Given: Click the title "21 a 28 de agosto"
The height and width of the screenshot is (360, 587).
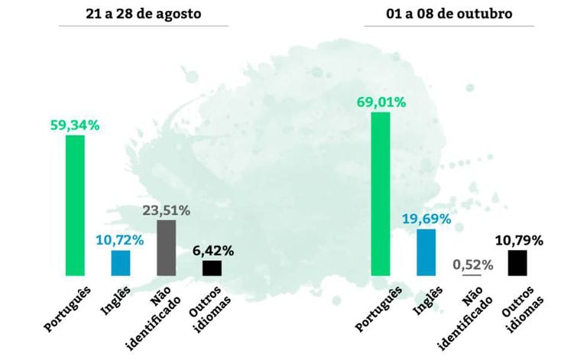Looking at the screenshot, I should [145, 14].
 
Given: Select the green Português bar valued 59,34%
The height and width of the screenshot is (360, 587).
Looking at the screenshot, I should [75, 205].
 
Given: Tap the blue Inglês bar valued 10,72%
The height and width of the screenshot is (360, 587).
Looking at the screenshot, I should [121, 262].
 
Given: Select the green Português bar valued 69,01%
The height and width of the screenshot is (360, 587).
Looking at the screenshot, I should [380, 193].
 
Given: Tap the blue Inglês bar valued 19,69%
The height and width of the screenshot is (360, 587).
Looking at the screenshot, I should [426, 251].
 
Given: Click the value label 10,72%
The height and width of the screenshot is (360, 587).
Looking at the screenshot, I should [120, 240].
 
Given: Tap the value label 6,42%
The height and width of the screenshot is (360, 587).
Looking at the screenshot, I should [212, 250].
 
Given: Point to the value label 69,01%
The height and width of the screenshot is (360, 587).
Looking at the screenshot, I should [380, 102].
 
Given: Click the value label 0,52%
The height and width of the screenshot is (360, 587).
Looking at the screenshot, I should [472, 264].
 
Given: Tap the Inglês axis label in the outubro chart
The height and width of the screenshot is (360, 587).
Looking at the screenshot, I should [421, 300].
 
